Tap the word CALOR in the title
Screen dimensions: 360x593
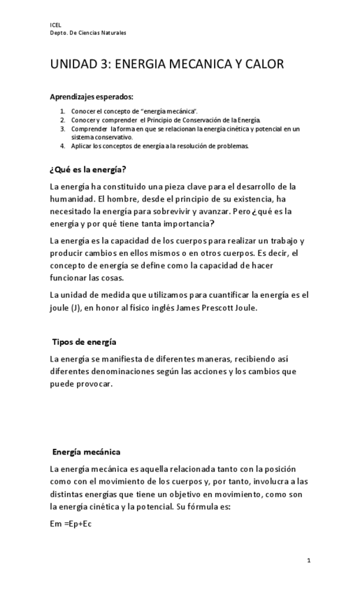pos(261,64)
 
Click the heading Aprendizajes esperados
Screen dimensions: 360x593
pos(91,97)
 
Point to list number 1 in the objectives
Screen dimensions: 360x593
pos(62,111)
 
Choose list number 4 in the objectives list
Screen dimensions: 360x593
pos(62,146)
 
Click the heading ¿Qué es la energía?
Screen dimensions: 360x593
pos(88,170)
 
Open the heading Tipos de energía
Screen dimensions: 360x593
pos(84,342)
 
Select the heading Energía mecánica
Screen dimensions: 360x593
pos(86,452)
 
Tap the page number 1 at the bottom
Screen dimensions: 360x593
pos(308,561)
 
